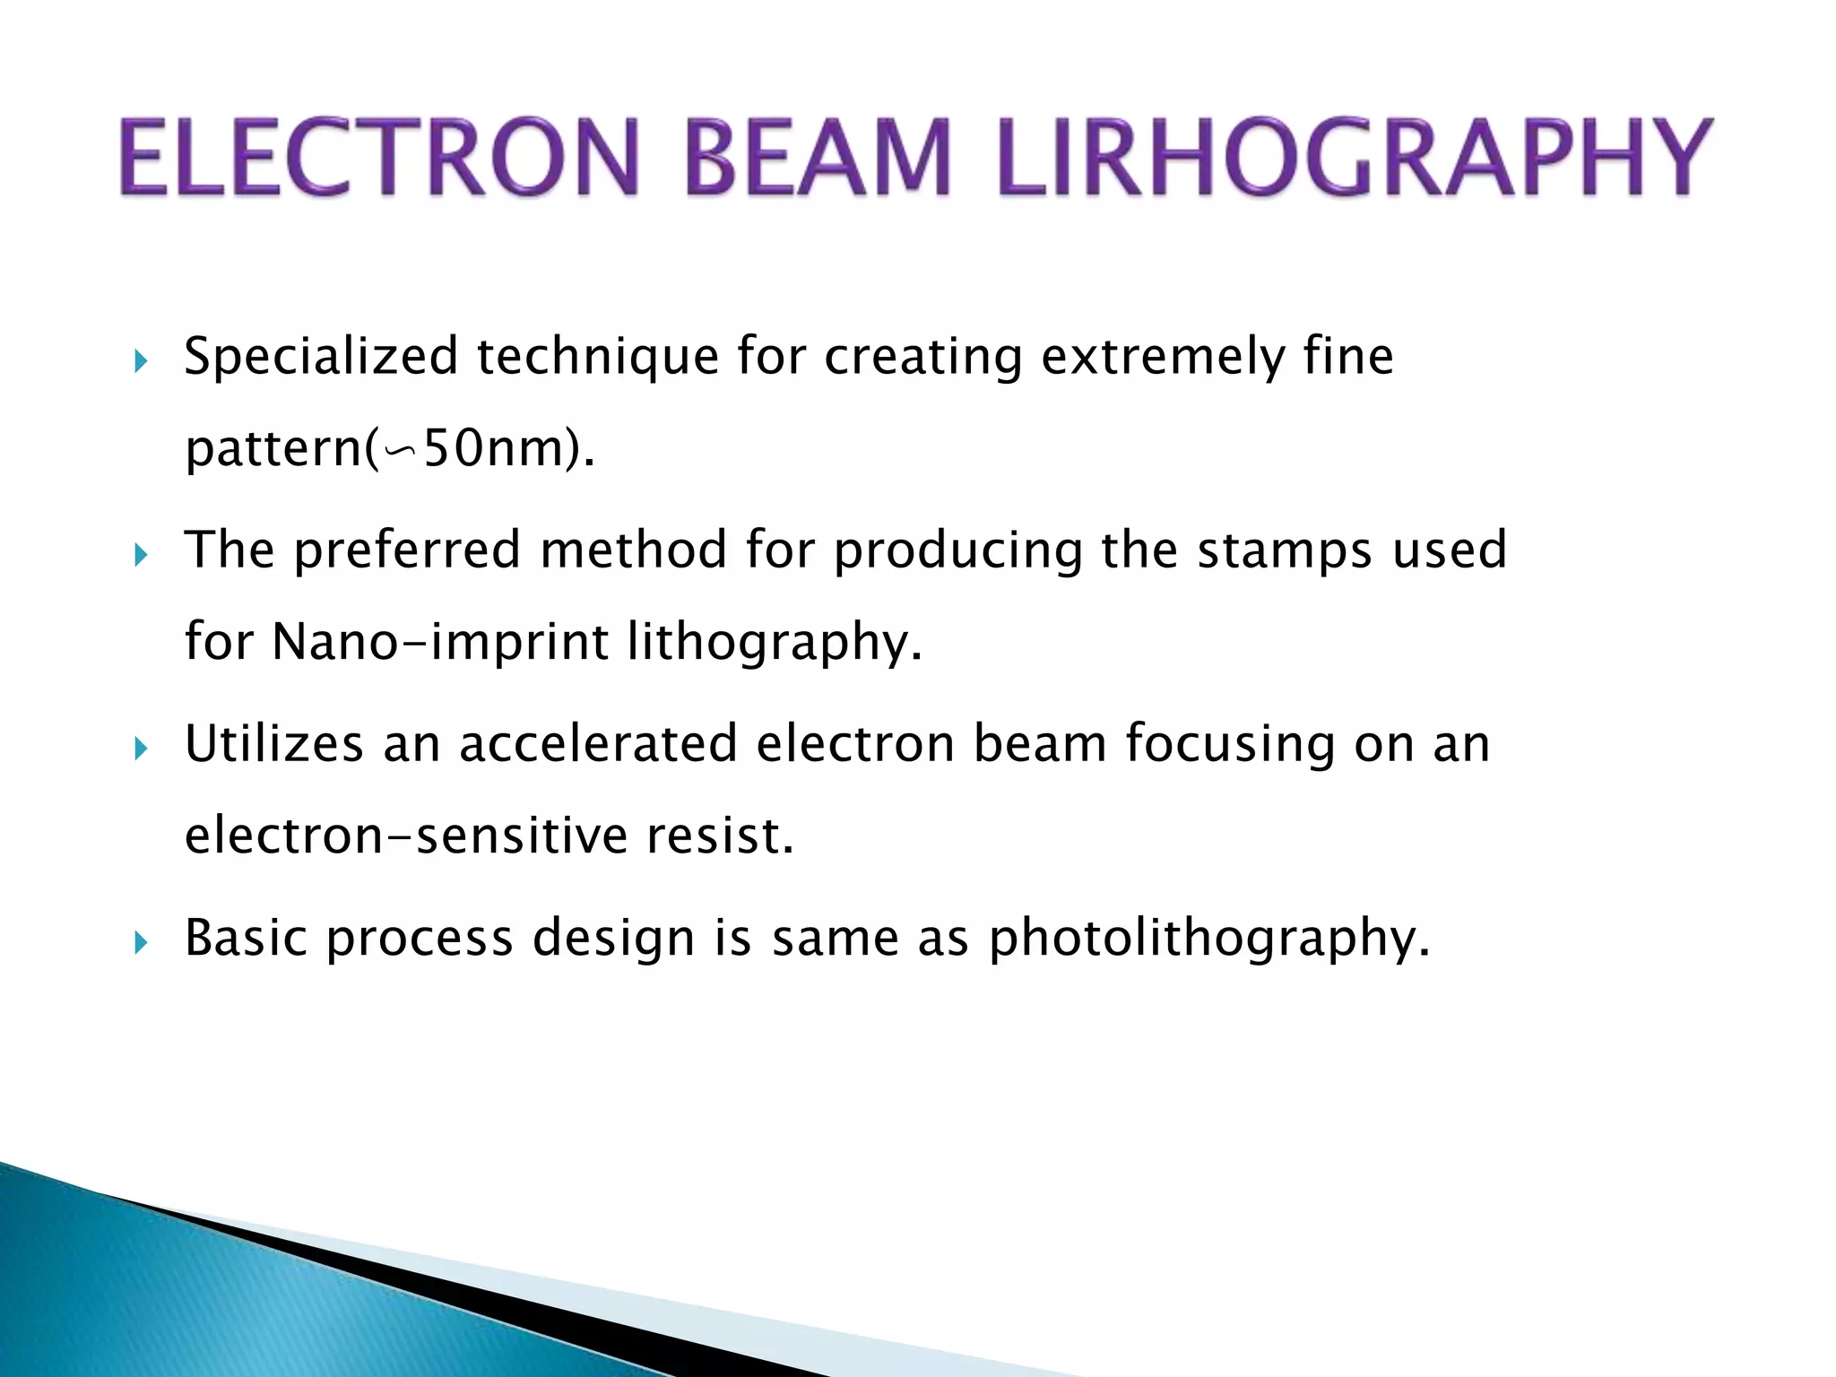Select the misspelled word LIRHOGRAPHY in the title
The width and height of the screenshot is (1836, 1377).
point(1354,158)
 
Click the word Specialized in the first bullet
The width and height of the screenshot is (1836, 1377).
point(321,358)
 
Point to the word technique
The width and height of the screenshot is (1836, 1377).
point(598,358)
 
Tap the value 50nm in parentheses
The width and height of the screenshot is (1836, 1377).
point(494,448)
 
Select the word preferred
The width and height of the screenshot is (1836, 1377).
point(407,551)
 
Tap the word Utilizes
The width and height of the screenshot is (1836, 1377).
point(274,745)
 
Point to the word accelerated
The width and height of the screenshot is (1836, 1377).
point(598,745)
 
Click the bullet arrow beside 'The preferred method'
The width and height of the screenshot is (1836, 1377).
point(140,555)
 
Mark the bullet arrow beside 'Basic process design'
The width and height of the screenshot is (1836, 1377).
point(140,942)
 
